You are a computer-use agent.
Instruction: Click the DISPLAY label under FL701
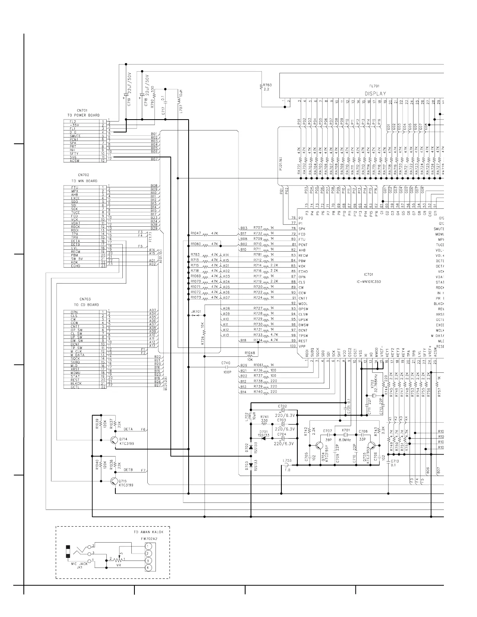pos(375,93)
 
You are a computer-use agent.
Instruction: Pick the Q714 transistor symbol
pos(113,440)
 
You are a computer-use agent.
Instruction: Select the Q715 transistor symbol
pos(113,481)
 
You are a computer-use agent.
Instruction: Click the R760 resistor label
pos(267,85)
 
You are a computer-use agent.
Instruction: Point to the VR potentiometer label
pos(119,564)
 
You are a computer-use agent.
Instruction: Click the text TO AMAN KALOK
pos(148,532)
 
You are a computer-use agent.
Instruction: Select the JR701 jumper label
pos(196,312)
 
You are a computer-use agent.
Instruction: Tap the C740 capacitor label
pos(226,363)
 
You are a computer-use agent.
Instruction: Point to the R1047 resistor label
pos(196,234)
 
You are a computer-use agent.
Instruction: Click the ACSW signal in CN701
pos(75,161)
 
